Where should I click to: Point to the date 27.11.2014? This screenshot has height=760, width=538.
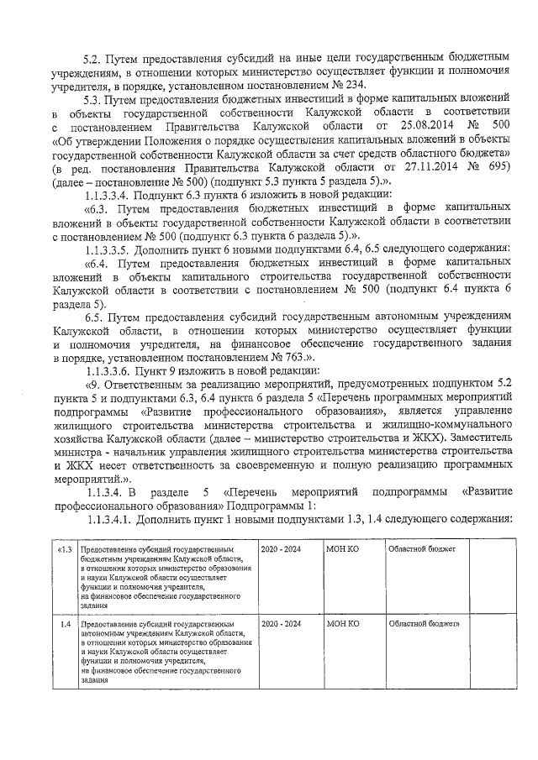click(418, 165)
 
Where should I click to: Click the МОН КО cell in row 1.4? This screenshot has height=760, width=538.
click(342, 624)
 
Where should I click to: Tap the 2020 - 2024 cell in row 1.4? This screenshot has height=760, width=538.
click(280, 624)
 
